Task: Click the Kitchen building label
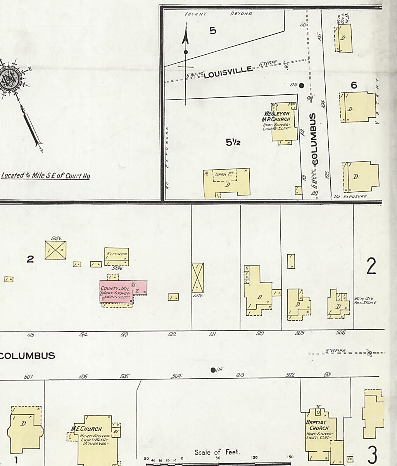(x=116, y=254)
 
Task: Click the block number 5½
(x=233, y=143)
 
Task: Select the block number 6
(x=354, y=85)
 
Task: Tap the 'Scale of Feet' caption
(x=217, y=452)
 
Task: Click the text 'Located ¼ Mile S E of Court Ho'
(x=45, y=176)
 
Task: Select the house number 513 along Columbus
(x=124, y=335)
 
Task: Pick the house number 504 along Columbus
(x=176, y=376)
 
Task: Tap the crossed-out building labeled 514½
(x=55, y=250)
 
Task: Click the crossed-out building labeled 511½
(x=197, y=278)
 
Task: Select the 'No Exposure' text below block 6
(x=350, y=196)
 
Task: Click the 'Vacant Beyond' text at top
(x=218, y=14)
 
